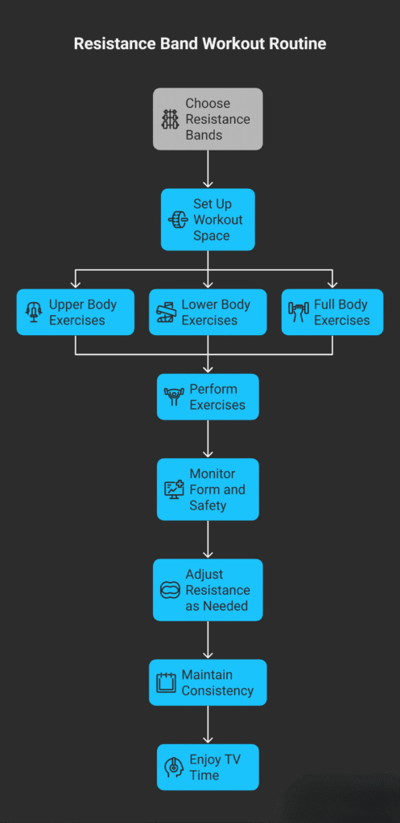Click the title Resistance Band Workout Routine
click(x=200, y=43)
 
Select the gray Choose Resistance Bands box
click(x=208, y=119)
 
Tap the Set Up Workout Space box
click(x=208, y=219)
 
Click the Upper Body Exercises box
click(x=76, y=312)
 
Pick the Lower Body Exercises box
click(x=208, y=312)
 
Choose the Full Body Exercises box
click(x=332, y=312)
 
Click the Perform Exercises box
click(x=208, y=396)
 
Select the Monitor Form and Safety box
click(x=208, y=489)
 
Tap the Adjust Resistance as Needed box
click(x=208, y=590)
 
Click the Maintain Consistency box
click(x=208, y=682)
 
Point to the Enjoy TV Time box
click(x=208, y=767)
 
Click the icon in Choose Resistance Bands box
click(x=170, y=120)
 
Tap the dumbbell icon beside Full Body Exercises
click(x=299, y=313)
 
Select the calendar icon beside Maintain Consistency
click(x=165, y=683)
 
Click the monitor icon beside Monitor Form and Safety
click(x=174, y=489)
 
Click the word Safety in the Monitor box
click(x=208, y=506)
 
